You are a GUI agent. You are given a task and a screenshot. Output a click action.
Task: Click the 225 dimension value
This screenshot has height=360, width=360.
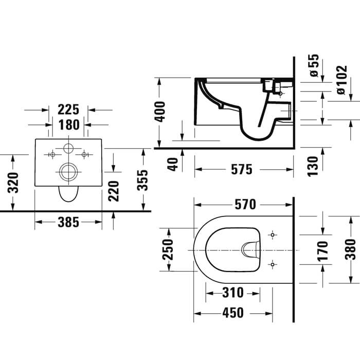(68, 110)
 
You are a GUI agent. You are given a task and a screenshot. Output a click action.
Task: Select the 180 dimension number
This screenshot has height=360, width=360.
(69, 125)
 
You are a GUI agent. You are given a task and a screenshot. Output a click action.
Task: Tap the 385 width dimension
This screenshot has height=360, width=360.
(68, 222)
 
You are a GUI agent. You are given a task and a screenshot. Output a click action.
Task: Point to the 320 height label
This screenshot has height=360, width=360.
(13, 183)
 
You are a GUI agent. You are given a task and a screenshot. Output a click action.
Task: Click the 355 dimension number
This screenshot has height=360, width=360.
(142, 180)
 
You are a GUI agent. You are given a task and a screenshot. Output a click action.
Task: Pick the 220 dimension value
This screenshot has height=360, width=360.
(114, 191)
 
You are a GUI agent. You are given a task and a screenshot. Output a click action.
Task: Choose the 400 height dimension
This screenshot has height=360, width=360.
(159, 112)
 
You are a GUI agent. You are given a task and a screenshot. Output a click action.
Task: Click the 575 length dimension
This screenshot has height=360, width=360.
(242, 170)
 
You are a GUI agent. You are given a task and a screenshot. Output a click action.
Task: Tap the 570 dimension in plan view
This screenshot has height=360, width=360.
(245, 205)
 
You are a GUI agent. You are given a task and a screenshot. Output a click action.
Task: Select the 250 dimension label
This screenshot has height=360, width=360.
(168, 249)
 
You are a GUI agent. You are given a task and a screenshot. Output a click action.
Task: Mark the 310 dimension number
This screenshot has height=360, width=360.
(233, 293)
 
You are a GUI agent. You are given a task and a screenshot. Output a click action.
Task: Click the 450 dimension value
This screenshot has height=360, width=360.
(233, 313)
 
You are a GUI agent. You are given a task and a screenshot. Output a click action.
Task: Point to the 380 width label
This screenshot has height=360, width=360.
(350, 249)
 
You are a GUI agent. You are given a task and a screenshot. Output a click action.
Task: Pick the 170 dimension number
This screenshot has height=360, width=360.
(322, 251)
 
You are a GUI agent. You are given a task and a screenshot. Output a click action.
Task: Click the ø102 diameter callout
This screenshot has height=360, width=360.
(341, 80)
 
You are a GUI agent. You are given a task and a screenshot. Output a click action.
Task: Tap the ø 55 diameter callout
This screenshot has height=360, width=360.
(314, 65)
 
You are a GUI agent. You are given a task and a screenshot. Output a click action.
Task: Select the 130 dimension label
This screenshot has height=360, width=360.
(313, 166)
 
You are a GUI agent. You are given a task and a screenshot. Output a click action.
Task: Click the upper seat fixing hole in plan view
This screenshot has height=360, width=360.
(273, 235)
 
